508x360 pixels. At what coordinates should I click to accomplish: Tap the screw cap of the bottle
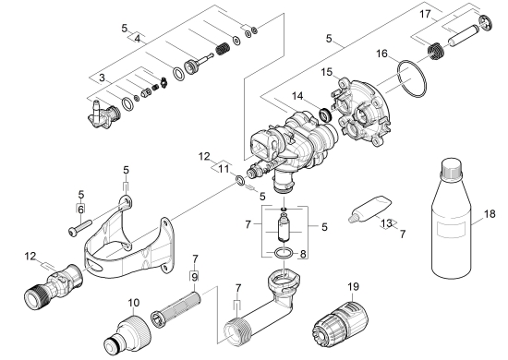click(452, 168)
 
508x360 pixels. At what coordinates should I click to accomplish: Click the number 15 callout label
click(327, 72)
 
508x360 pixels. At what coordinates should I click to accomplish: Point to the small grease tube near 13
click(369, 210)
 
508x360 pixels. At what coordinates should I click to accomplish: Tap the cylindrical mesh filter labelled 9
click(175, 310)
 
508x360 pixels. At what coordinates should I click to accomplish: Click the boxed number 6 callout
click(80, 209)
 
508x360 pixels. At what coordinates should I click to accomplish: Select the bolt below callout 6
click(80, 228)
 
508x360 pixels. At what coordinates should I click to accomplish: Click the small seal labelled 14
click(325, 114)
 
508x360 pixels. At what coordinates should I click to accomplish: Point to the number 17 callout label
click(426, 14)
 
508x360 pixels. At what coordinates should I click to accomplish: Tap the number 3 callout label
click(102, 78)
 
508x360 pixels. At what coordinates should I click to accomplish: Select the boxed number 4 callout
click(138, 39)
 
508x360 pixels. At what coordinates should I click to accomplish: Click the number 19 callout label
click(354, 286)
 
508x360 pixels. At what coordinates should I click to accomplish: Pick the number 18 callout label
click(490, 213)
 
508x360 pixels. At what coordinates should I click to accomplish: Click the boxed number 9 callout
click(194, 277)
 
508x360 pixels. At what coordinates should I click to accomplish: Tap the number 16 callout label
click(382, 54)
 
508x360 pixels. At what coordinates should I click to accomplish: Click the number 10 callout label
click(134, 303)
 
